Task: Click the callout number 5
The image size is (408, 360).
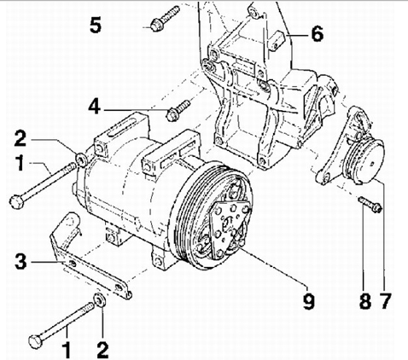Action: click(96, 25)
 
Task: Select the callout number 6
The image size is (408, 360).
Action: click(318, 33)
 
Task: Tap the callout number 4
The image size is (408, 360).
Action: click(94, 107)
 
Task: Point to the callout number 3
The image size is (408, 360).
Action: click(20, 262)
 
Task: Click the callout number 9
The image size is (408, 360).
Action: click(308, 301)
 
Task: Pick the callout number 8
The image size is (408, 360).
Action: click(365, 301)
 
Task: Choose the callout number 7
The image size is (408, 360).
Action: click(385, 301)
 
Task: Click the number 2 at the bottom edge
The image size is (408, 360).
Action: click(102, 351)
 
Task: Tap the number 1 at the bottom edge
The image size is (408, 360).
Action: click(67, 351)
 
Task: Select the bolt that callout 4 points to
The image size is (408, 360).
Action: click(178, 110)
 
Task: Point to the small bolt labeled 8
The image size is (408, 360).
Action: click(370, 205)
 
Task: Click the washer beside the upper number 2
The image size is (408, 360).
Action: click(82, 160)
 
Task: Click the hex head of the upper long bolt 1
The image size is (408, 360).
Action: click(16, 202)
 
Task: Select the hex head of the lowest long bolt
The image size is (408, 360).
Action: click(36, 341)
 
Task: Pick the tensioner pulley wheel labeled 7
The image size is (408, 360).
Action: click(364, 160)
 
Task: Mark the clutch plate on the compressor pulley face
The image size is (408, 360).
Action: click(230, 228)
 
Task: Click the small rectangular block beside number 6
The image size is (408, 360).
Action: click(277, 42)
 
